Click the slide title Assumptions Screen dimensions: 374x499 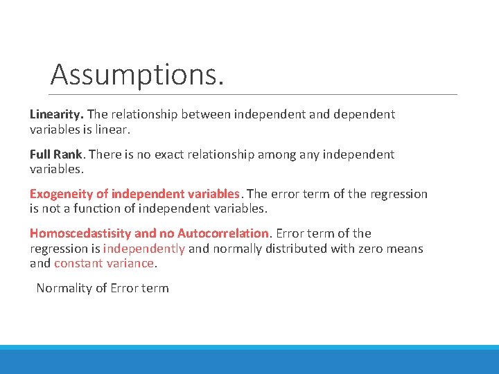click(137, 74)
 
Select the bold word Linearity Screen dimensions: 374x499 click(57, 114)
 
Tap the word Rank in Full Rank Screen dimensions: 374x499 click(69, 154)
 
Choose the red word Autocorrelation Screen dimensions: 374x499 click(222, 233)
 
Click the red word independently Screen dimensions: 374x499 click(144, 249)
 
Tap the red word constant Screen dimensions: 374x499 click(78, 263)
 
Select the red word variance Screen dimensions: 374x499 click(130, 263)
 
